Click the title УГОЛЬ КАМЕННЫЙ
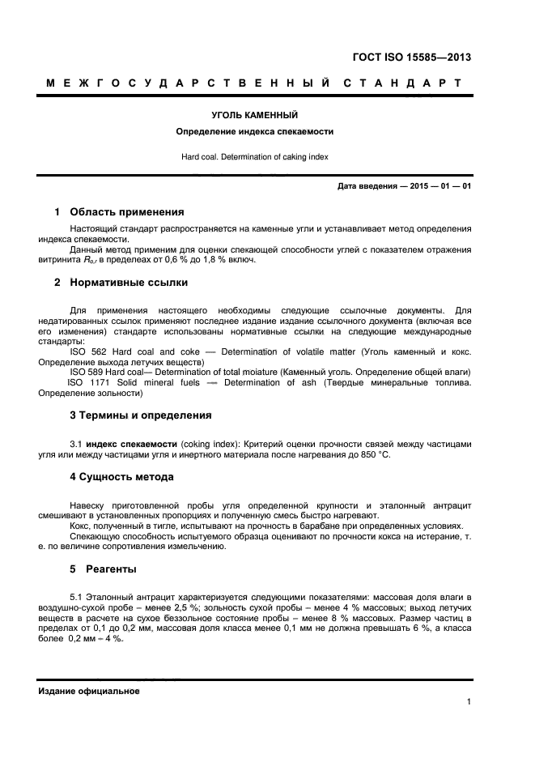click(x=254, y=116)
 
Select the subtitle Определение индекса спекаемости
click(x=254, y=131)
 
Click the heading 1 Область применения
click(x=119, y=212)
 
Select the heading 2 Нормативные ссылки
click(x=121, y=283)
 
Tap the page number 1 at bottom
click(x=469, y=702)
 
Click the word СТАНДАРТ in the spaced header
click(x=402, y=83)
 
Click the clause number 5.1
click(x=78, y=597)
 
